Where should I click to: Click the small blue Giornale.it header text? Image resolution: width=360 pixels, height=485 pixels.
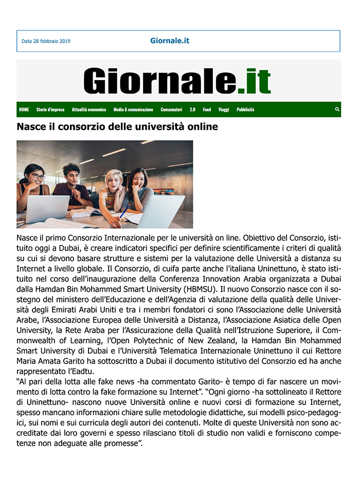point(170,41)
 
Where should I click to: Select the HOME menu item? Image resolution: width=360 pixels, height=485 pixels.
point(24,109)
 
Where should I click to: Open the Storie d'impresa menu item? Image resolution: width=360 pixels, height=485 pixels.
point(50,109)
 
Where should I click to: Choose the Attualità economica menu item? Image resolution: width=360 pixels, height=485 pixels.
point(89,109)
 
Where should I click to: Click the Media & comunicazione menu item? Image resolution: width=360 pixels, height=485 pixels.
point(133,109)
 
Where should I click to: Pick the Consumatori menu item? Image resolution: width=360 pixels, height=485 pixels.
point(171,109)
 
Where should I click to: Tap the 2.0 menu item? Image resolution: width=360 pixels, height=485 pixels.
point(192,109)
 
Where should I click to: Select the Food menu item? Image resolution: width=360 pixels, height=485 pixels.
point(207,109)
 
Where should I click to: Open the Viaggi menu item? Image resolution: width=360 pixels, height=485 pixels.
point(224,109)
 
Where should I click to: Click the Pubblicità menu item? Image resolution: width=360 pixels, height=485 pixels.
point(245,109)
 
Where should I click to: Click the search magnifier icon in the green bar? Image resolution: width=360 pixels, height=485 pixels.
point(337,109)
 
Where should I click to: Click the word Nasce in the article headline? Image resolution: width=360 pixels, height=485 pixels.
point(31,126)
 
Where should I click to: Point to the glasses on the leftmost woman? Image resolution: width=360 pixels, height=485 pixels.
point(37,176)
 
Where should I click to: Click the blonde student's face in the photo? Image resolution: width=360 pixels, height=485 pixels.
point(114,180)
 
